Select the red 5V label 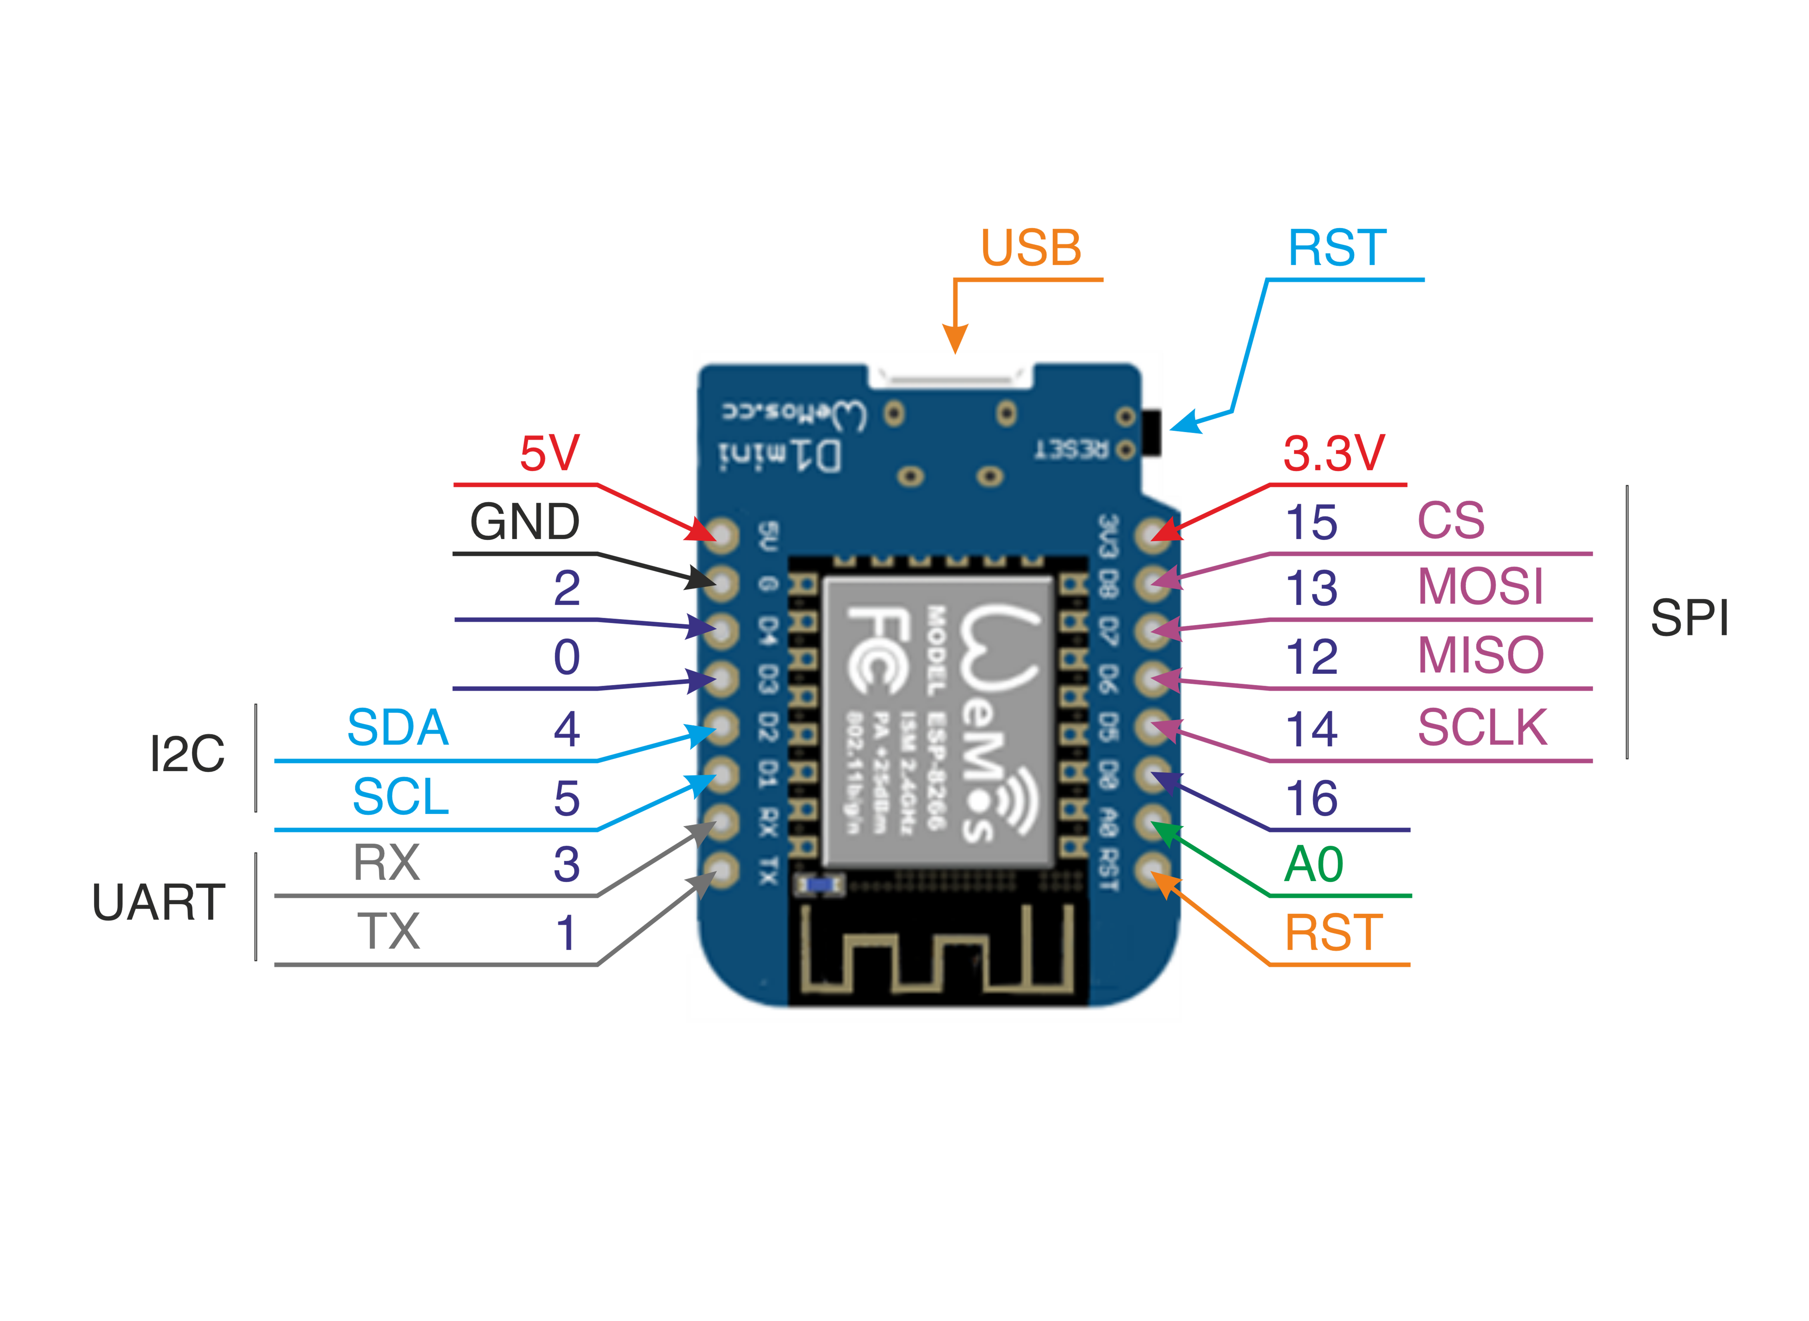coord(550,454)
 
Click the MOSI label coord(1480,587)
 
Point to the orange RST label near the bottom coord(1333,933)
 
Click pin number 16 coord(1311,798)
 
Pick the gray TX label coord(388,931)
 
